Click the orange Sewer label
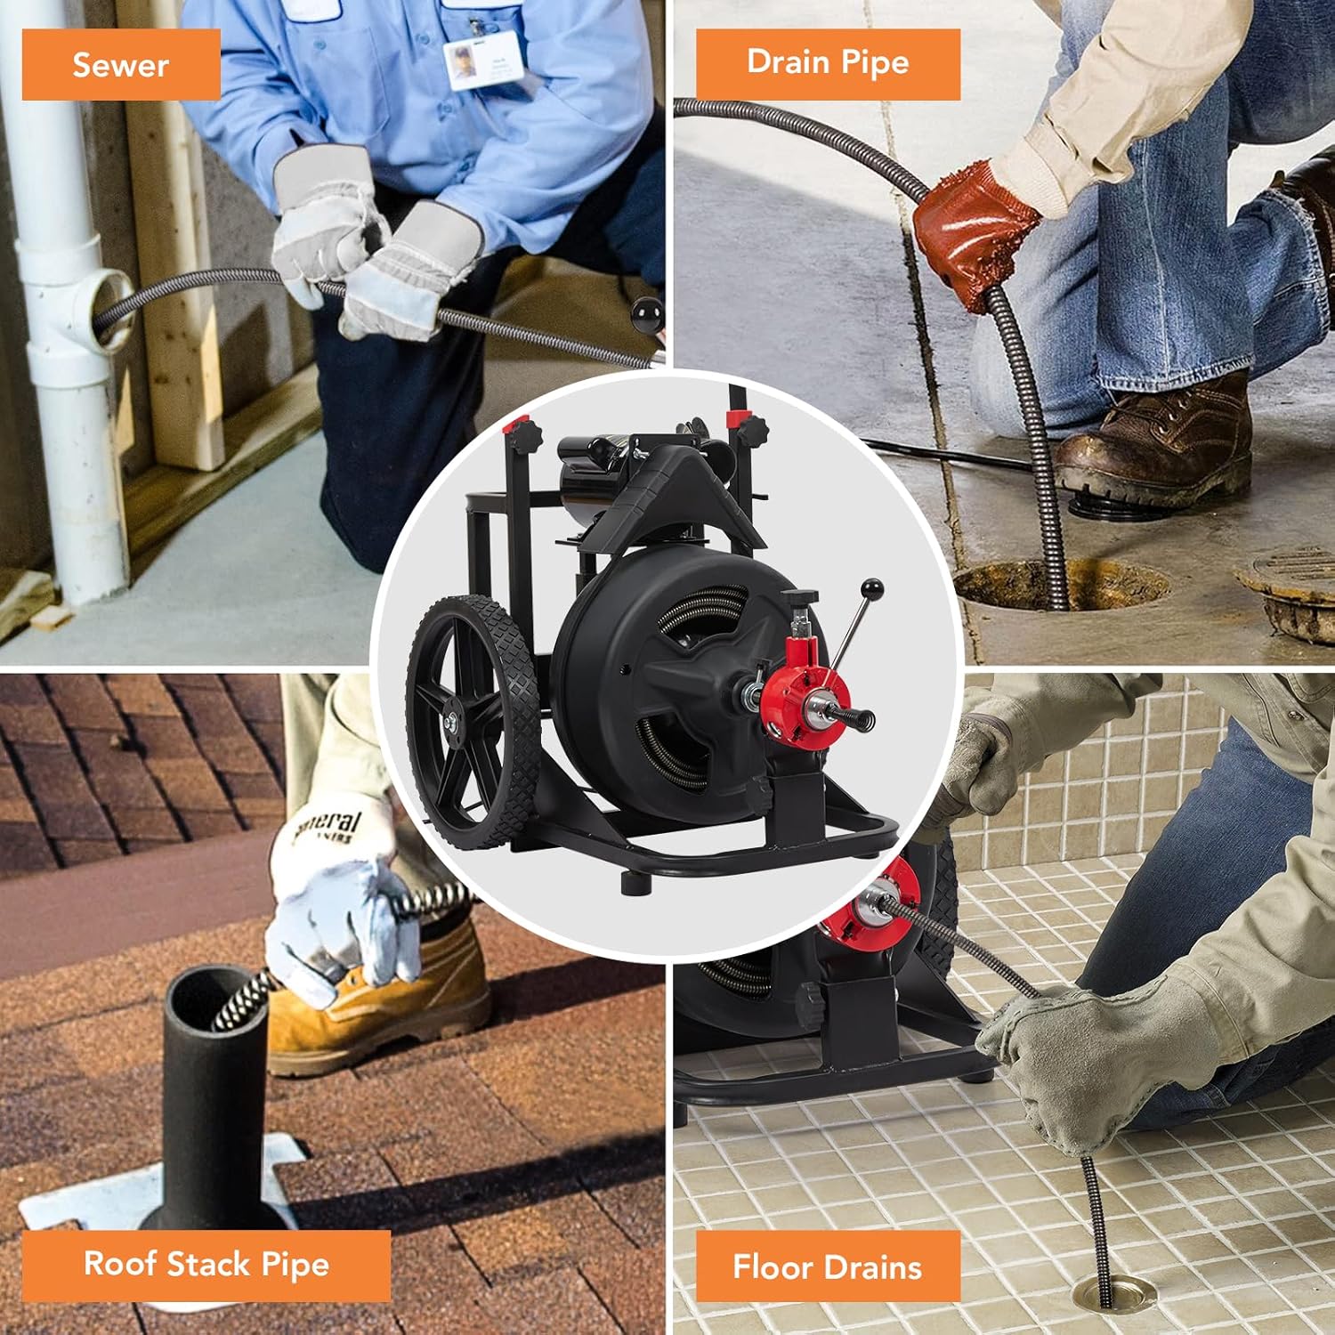coord(121,64)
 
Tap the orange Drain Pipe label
coord(828,63)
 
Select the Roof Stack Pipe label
coord(206,1265)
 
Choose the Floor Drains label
coord(828,1266)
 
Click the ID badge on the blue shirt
coord(478,62)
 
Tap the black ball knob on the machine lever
coord(871,590)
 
